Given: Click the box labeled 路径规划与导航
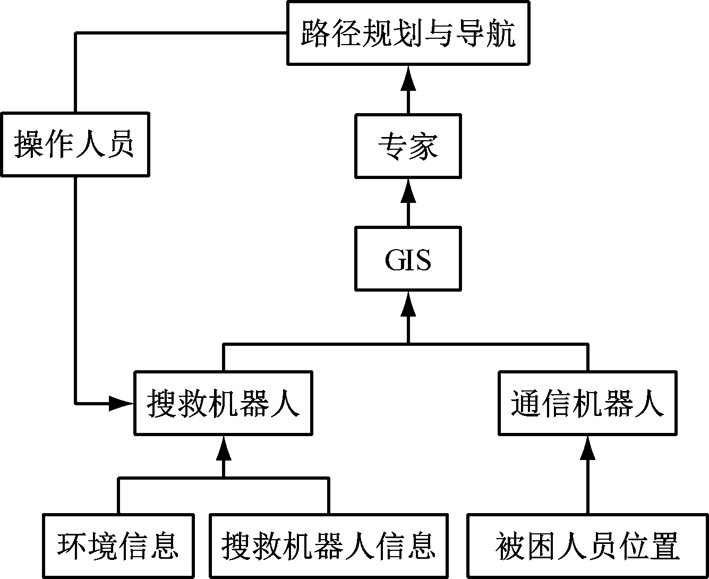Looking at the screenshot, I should tap(408, 33).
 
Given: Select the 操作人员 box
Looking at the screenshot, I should tap(75, 144).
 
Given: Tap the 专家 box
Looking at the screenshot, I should tap(408, 146).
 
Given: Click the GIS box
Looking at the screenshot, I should tap(408, 259).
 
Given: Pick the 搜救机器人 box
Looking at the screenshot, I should tap(223, 403).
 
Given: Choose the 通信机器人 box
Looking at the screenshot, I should tap(587, 403).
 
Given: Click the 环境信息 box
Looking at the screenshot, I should tap(118, 546).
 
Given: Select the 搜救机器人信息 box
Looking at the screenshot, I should tap(329, 546).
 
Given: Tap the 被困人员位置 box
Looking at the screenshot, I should tap(587, 546).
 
